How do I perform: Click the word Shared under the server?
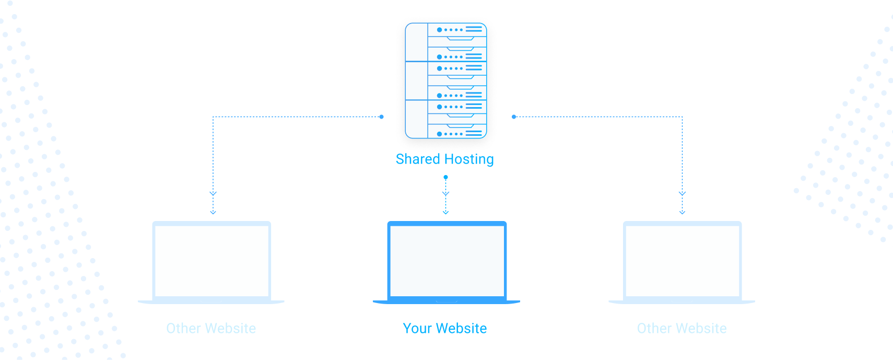coord(417,159)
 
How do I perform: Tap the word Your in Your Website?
coord(417,328)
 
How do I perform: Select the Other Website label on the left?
coord(211,328)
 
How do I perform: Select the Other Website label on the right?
coord(681,328)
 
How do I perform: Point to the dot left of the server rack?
coord(382,117)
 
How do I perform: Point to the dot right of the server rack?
coord(514,117)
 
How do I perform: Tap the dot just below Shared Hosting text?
coord(445,177)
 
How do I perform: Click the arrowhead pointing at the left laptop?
coord(213,212)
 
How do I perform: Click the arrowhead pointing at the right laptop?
coord(682,212)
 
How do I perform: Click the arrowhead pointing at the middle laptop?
coord(445,212)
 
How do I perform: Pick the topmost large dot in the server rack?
coord(439,30)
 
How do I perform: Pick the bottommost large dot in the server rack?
coord(439,134)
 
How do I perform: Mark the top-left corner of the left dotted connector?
coord(213,117)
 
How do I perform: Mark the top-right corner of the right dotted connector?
coord(682,117)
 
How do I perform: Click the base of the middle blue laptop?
coord(446,301)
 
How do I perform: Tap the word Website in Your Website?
coord(462,328)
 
